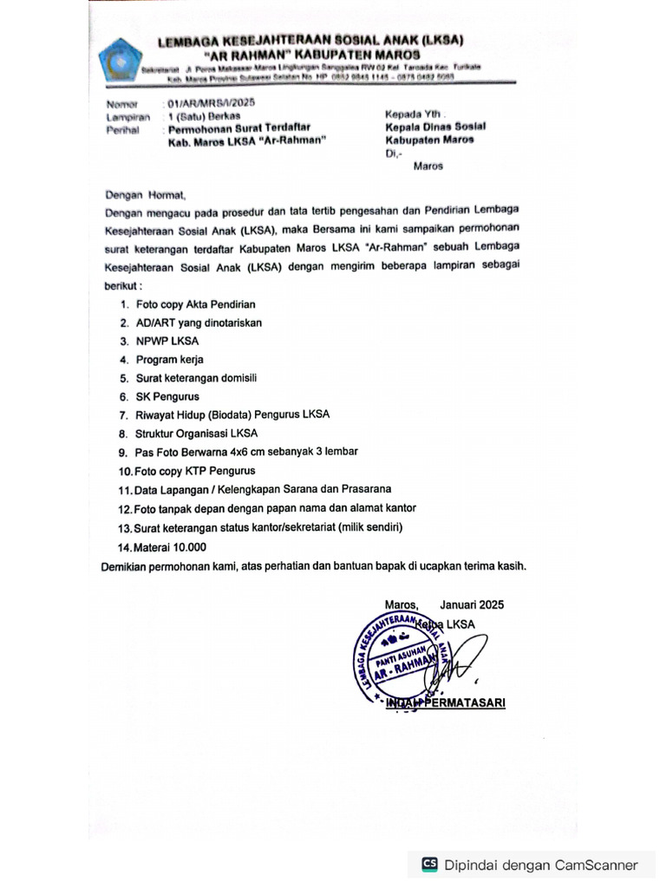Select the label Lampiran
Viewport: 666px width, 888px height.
tap(122, 116)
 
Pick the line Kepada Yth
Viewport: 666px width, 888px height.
tap(415, 114)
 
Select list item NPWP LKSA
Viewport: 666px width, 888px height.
tap(167, 341)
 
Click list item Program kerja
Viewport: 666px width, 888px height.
tap(170, 359)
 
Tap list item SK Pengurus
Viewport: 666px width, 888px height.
tap(167, 396)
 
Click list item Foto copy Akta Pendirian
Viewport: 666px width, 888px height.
tap(195, 304)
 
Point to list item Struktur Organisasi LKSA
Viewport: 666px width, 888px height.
tap(196, 433)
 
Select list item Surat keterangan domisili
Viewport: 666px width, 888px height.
tap(196, 378)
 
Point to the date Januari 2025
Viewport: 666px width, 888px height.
tap(471, 604)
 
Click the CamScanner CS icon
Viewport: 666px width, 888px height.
tap(429, 864)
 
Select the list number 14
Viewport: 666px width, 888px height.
tap(123, 547)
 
